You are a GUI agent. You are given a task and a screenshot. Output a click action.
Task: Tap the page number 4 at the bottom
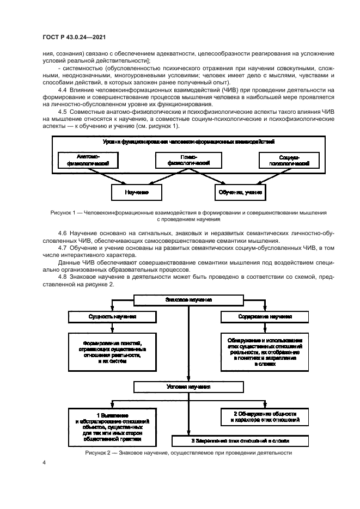point(45,462)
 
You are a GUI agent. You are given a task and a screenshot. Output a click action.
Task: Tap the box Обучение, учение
point(240,192)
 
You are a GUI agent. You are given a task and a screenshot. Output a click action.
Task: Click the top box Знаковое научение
point(188,301)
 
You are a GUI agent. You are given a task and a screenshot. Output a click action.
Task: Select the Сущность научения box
point(112,316)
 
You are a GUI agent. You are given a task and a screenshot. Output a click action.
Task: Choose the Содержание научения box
point(264,316)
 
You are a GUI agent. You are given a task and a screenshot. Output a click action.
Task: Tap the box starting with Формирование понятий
point(112,352)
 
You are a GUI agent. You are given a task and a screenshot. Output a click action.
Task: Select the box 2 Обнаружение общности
point(264,416)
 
